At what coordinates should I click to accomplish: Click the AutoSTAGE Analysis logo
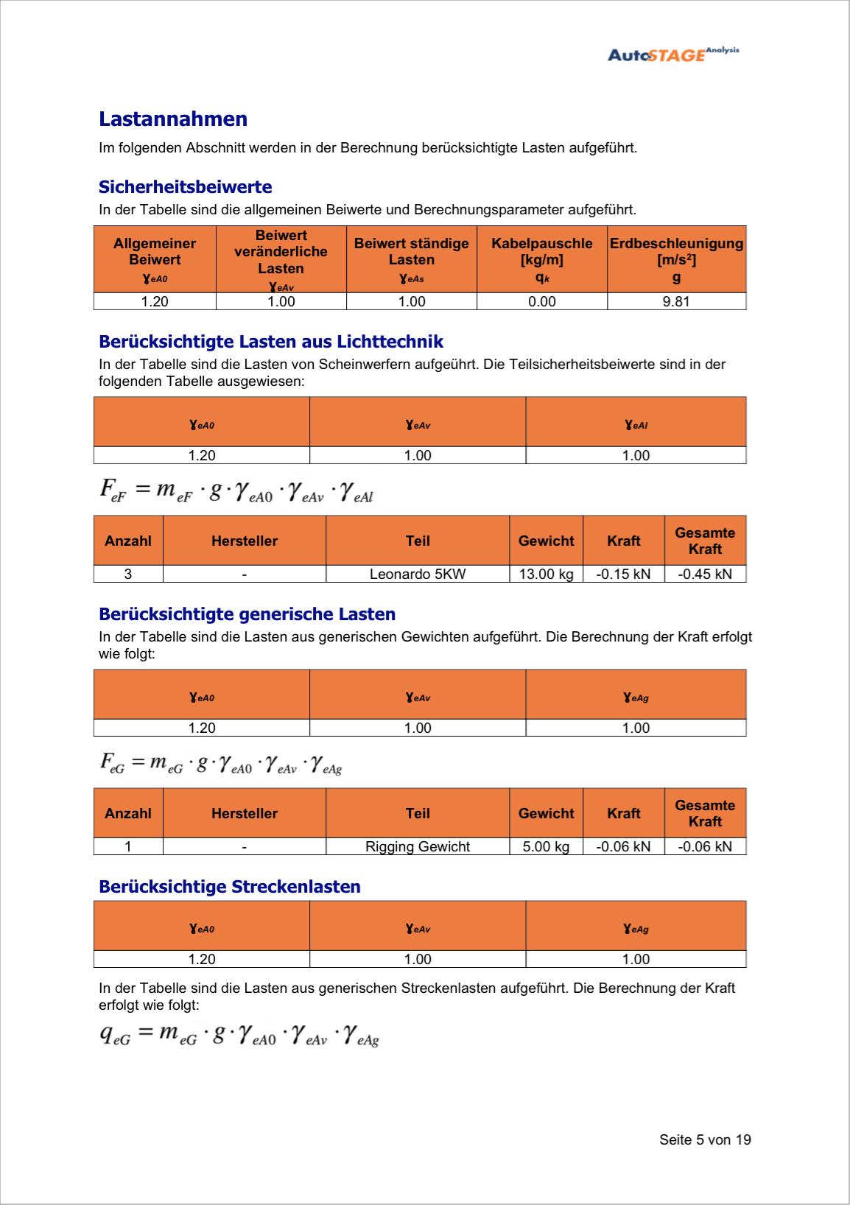[672, 54]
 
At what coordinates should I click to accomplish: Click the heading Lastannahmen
[173, 119]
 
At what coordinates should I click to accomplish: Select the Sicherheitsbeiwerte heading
[185, 187]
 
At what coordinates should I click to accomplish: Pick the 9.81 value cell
[676, 301]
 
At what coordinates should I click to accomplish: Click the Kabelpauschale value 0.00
[541, 301]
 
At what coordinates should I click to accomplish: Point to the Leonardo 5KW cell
[417, 574]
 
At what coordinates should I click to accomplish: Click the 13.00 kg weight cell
[546, 574]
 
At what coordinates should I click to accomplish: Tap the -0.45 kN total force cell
[705, 574]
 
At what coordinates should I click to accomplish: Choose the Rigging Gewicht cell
[417, 846]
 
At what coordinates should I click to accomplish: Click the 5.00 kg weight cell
[546, 846]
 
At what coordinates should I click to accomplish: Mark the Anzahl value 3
[128, 574]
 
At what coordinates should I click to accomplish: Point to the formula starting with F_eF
[236, 491]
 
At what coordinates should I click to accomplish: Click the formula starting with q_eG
[239, 1035]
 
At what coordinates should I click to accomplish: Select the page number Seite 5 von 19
[705, 1139]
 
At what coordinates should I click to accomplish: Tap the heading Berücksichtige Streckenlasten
[230, 887]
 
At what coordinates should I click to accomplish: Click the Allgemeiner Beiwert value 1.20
[155, 301]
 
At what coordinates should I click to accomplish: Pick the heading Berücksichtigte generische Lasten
[247, 614]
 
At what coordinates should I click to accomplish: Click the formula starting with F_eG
[221, 763]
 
